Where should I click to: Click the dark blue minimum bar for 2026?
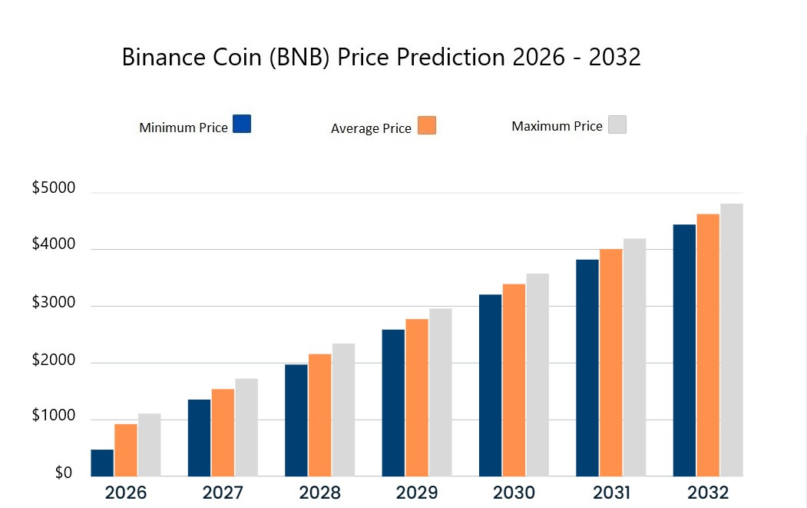[x=102, y=463]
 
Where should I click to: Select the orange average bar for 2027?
[x=223, y=433]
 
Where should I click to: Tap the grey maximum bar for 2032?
[x=732, y=340]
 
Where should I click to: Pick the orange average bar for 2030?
[x=514, y=380]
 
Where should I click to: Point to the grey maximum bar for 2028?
[x=343, y=410]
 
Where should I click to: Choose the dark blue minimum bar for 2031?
[x=587, y=367]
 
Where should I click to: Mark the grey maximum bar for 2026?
[x=150, y=445]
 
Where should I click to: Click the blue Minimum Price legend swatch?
[x=241, y=124]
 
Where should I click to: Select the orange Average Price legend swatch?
[x=427, y=126]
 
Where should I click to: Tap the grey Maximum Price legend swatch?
[x=617, y=125]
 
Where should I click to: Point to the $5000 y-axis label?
[x=53, y=188]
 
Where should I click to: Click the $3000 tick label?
[x=53, y=302]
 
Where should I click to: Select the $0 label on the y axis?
[x=64, y=473]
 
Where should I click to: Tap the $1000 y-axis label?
[x=53, y=416]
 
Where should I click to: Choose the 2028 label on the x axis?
[x=320, y=493]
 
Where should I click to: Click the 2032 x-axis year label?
[x=708, y=493]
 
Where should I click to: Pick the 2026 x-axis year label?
[x=126, y=493]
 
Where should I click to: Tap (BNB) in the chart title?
[x=308, y=58]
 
